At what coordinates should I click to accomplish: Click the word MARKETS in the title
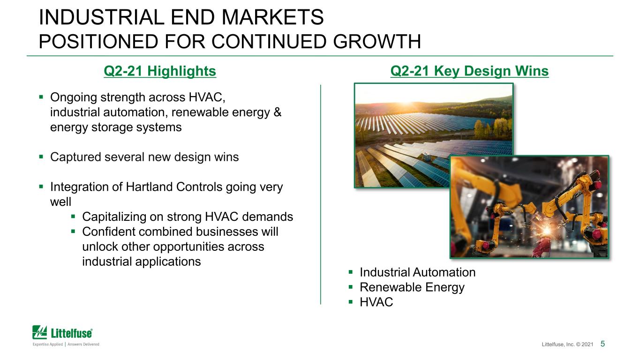click(x=272, y=17)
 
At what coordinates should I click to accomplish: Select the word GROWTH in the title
click(x=377, y=41)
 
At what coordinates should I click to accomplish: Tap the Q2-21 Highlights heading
click(x=160, y=71)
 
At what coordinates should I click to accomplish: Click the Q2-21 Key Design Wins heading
click(x=469, y=71)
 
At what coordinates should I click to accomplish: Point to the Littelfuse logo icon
click(x=39, y=332)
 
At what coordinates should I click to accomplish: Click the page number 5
click(x=602, y=344)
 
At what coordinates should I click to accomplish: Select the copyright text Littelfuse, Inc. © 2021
click(x=567, y=344)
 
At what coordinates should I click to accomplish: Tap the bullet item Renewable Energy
click(x=412, y=287)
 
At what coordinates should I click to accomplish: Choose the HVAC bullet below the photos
click(x=376, y=302)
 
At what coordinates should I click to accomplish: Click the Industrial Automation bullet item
click(x=417, y=272)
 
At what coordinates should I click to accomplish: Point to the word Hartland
click(x=150, y=187)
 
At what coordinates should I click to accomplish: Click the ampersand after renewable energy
click(x=278, y=112)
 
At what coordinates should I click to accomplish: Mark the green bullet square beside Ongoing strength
click(x=41, y=97)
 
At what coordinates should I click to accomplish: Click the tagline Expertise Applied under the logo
click(x=48, y=344)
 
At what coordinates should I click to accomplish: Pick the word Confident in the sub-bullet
click(x=109, y=232)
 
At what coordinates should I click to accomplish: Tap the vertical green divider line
click(x=321, y=194)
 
